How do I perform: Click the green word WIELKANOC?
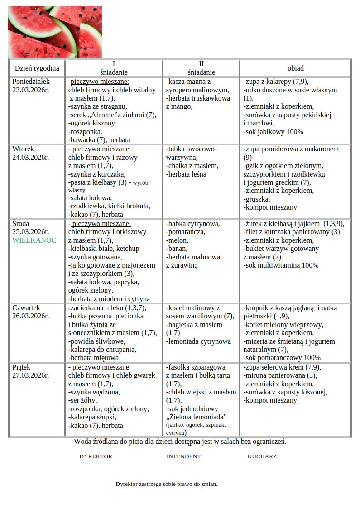click(x=34, y=240)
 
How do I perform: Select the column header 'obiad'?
click(x=295, y=68)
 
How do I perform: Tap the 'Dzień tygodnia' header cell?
click(x=37, y=68)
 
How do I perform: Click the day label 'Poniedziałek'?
click(x=31, y=82)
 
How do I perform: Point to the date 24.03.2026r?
click(x=31, y=158)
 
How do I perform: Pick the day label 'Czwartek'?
click(x=27, y=308)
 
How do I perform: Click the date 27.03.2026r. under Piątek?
click(x=31, y=375)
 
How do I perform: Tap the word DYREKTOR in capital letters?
click(x=96, y=456)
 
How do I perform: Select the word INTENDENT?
click(x=183, y=456)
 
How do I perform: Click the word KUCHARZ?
click(x=262, y=456)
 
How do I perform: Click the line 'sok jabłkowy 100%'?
click(x=273, y=132)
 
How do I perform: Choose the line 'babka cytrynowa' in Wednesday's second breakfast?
click(x=193, y=224)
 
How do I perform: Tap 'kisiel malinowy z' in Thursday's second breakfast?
click(x=193, y=308)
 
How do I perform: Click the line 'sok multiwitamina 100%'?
click(x=281, y=265)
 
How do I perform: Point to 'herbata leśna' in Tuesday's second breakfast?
click(x=186, y=174)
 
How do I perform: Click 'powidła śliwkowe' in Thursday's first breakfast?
click(x=96, y=341)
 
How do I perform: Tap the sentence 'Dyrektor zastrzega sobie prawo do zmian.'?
click(x=167, y=484)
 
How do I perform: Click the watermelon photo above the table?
click(x=55, y=32)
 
